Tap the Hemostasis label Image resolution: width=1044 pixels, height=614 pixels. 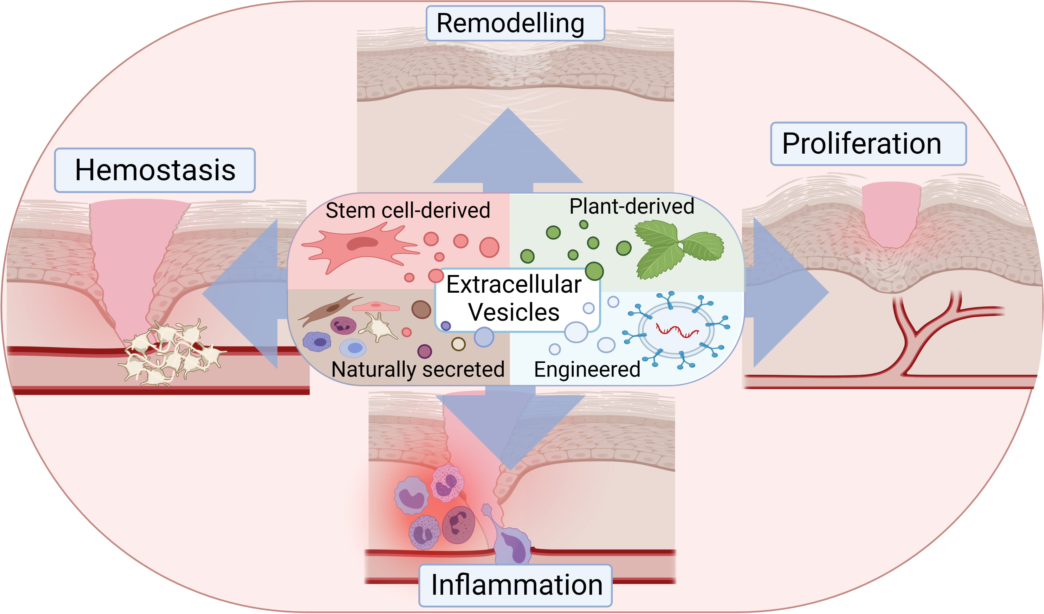click(155, 170)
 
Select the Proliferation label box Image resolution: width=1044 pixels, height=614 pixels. click(868, 144)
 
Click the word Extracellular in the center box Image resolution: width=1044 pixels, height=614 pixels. click(514, 284)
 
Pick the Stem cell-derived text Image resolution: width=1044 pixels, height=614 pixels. click(408, 210)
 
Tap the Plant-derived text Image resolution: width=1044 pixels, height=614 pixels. click(632, 206)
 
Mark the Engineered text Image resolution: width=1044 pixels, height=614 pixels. click(587, 370)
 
